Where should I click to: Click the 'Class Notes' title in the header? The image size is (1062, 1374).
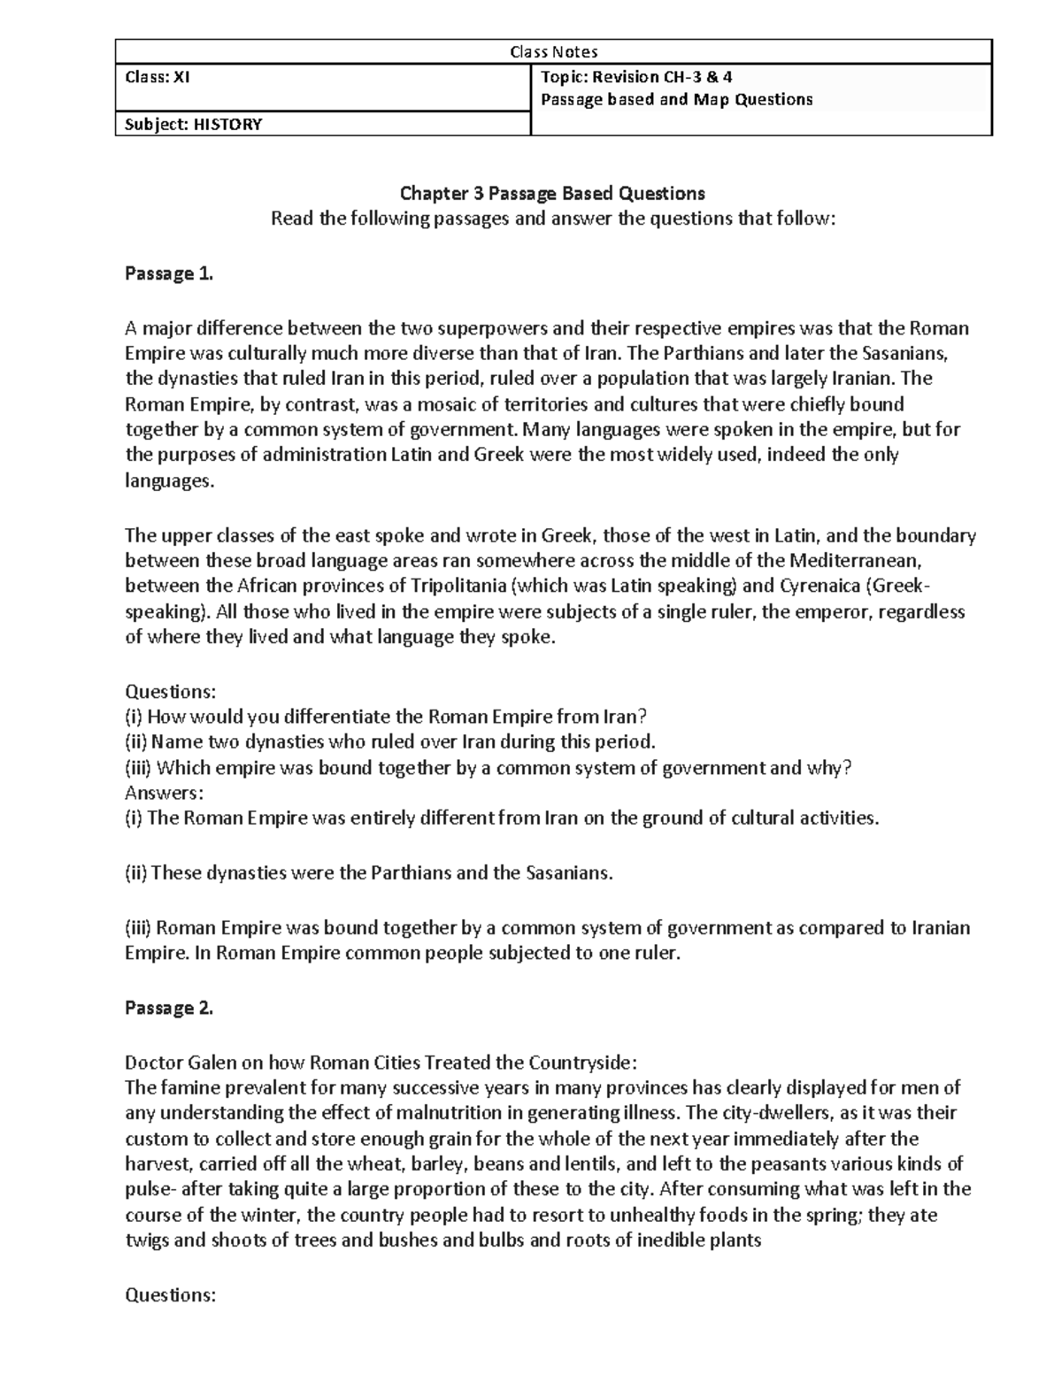553,52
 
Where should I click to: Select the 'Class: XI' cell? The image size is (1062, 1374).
158,77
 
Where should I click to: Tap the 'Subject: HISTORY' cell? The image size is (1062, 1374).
194,124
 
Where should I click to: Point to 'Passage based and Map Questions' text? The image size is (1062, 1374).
676,99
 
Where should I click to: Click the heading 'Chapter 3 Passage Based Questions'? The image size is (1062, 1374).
552,193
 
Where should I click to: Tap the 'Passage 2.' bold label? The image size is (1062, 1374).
169,1008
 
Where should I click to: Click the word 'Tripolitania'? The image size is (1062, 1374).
460,586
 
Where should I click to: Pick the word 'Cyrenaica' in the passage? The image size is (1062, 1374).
821,586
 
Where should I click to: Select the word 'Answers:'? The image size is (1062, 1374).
165,792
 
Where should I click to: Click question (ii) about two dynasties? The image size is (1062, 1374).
390,741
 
